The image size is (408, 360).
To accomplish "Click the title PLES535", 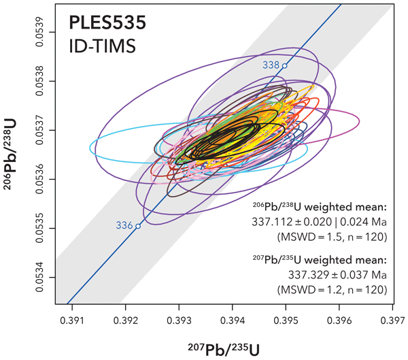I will point(107,25).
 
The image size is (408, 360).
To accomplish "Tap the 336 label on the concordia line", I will point(124,225).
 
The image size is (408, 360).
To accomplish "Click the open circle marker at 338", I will point(285,66).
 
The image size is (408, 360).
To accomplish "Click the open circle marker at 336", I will point(138,226).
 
